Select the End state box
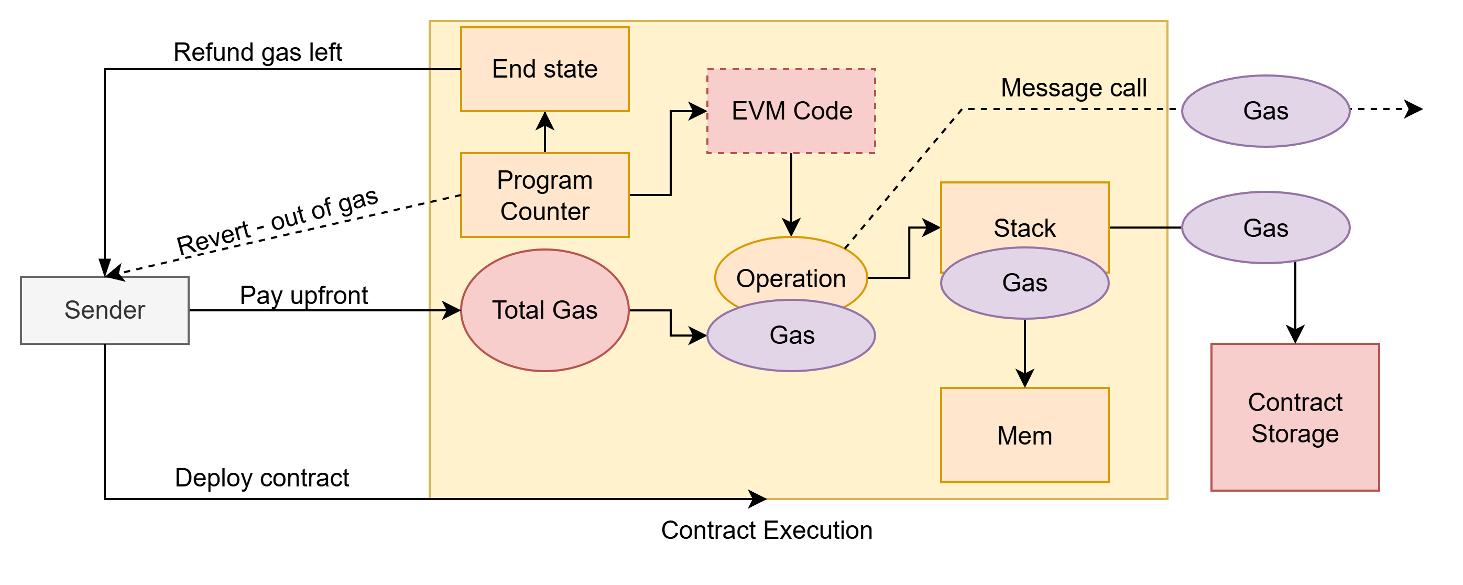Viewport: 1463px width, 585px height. tap(544, 69)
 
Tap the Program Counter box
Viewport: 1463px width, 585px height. tap(544, 195)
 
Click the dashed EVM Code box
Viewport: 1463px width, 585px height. tap(791, 111)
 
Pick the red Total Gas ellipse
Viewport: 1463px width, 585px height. tap(544, 310)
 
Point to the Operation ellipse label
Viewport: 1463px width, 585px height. tap(791, 278)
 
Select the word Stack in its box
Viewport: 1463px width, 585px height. tap(1024, 227)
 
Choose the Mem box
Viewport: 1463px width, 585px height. tap(1024, 436)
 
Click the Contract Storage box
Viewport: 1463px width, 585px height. tap(1295, 417)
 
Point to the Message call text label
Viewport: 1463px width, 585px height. tap(1073, 88)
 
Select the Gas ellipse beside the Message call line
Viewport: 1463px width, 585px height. tap(1265, 111)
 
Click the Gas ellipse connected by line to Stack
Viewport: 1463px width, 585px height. tap(1265, 227)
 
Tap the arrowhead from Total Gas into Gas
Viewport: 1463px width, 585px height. tap(698, 335)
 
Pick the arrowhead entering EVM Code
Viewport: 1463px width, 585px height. tap(698, 111)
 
